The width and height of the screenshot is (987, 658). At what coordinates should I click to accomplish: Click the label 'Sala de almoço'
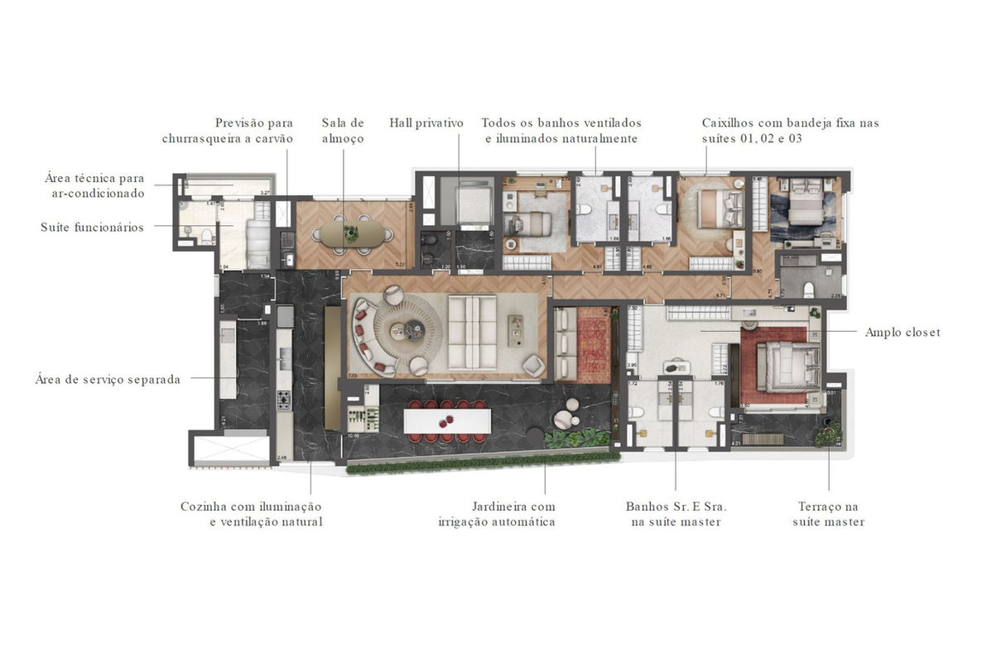click(343, 131)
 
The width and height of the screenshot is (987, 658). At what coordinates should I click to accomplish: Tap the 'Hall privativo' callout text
click(426, 123)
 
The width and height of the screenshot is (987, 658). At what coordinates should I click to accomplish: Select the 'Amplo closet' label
click(903, 333)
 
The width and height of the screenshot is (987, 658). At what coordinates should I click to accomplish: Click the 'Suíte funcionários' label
click(92, 227)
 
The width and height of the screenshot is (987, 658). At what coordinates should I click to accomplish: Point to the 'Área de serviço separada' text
click(108, 380)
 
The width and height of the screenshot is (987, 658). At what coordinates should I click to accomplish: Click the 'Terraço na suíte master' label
click(828, 514)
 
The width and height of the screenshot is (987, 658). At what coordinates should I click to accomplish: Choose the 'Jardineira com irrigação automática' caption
click(497, 514)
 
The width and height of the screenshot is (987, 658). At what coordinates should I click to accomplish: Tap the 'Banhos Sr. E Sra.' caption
click(676, 514)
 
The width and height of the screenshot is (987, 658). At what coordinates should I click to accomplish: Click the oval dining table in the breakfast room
click(353, 233)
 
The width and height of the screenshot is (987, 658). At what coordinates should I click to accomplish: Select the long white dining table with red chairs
click(447, 420)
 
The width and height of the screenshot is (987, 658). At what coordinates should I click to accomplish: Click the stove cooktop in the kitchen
click(284, 401)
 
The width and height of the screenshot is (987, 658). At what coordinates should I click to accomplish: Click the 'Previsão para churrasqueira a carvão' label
click(228, 131)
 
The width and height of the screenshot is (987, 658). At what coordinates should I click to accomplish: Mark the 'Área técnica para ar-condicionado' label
click(95, 185)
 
